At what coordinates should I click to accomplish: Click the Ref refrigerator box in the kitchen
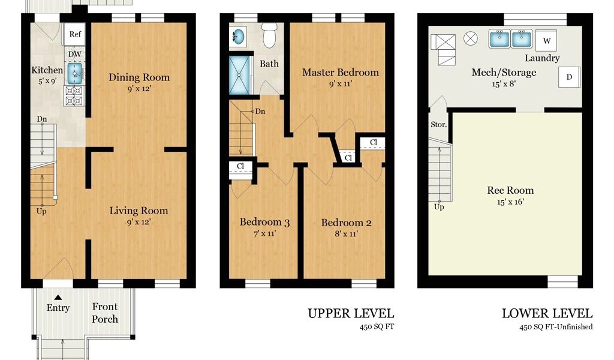74,34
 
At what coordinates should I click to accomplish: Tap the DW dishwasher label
75,54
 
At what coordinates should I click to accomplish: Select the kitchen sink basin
75,74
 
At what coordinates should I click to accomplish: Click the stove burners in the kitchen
74,95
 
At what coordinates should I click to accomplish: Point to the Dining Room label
139,77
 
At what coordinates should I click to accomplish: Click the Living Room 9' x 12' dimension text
139,222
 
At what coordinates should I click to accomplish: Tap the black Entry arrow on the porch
58,298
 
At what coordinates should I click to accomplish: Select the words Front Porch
105,313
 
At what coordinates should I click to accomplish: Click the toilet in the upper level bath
270,35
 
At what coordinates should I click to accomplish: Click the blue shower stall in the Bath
240,76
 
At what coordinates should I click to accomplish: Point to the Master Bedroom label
341,73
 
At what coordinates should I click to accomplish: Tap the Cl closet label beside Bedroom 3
240,166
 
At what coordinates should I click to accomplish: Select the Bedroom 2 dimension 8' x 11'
346,234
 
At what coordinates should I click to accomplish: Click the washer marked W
547,40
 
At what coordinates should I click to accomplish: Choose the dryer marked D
569,77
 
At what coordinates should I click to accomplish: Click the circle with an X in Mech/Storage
471,38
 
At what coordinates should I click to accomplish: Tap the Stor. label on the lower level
438,125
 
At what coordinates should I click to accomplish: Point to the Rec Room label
510,190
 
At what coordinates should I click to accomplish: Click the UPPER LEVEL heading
351,313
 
